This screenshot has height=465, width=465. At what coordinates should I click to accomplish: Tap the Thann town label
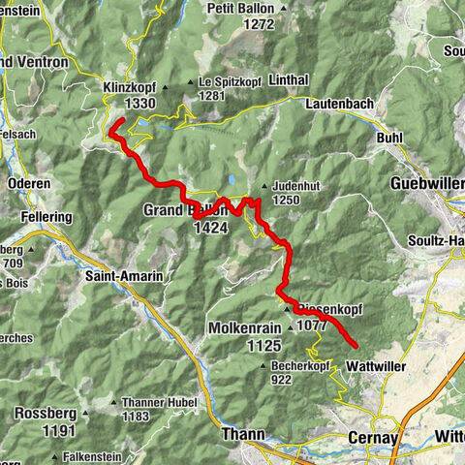[x=241, y=435]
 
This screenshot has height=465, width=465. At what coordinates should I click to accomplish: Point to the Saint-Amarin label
[x=124, y=276]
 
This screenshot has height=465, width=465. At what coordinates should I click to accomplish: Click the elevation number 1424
[x=210, y=227]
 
